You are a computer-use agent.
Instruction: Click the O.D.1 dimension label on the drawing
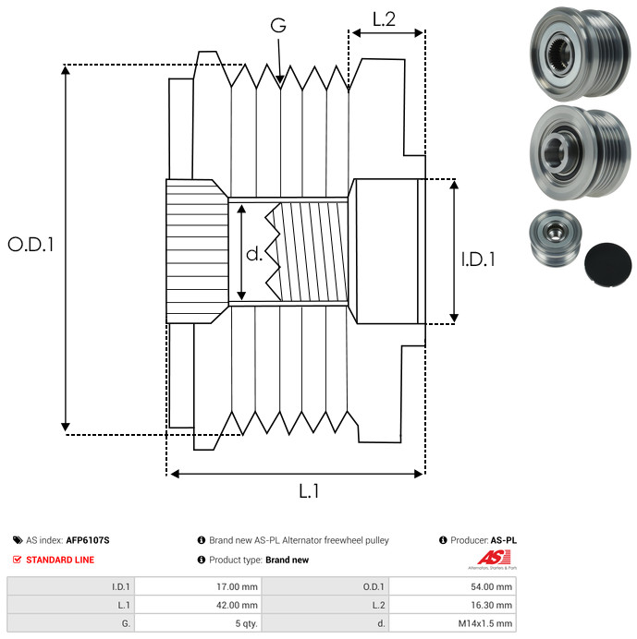31,245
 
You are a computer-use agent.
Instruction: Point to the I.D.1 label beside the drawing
478,259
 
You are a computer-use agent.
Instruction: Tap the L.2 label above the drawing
384,19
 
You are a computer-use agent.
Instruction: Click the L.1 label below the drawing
309,491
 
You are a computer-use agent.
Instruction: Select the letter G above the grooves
278,25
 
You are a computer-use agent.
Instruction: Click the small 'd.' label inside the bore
254,254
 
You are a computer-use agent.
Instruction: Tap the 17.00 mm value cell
237,587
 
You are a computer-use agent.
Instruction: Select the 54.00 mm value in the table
491,587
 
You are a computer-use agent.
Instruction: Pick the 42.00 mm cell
237,605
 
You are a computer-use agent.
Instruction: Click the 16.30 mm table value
491,605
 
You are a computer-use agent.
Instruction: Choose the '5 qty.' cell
247,623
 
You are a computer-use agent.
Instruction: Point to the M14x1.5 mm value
485,623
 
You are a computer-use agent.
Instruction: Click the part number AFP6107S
88,540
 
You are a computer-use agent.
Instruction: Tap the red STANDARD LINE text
60,560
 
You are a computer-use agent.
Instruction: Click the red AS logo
494,558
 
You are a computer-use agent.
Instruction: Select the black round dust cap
607,264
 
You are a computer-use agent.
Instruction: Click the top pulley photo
580,54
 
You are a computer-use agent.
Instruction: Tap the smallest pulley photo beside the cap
555,238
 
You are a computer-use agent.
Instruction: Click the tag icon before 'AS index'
18,540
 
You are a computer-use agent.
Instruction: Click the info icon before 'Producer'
443,540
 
